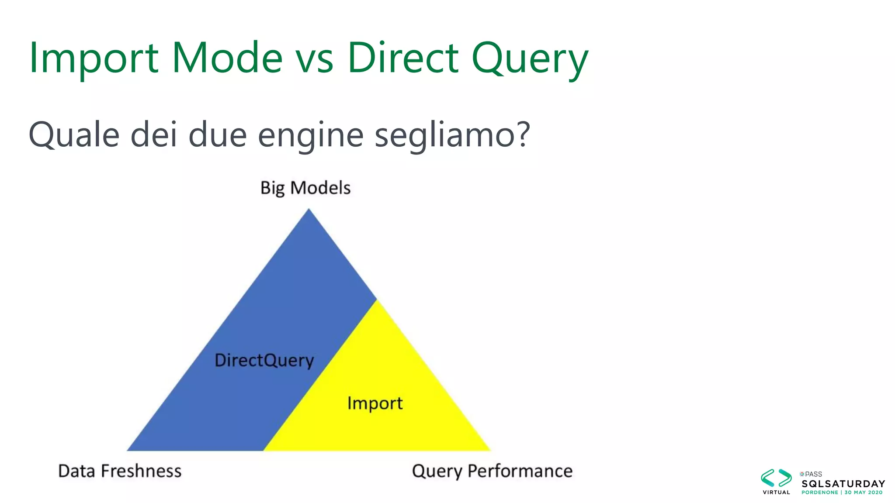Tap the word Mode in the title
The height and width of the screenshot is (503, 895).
coord(227,58)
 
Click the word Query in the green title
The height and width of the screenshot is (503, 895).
coord(530,59)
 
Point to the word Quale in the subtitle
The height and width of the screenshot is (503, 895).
coord(74,134)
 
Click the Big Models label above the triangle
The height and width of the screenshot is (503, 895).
coord(305,188)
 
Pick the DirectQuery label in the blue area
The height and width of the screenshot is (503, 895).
coord(264,361)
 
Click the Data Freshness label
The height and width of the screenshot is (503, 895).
coord(120,471)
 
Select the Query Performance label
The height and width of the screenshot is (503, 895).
coord(492,471)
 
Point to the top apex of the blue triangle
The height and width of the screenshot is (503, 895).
coord(309,210)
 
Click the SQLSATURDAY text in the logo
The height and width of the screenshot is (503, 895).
coord(843,484)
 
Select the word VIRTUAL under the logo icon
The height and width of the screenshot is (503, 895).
coord(776,493)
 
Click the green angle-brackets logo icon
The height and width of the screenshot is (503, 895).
coord(776,478)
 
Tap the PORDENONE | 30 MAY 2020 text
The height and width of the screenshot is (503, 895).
coord(842,493)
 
